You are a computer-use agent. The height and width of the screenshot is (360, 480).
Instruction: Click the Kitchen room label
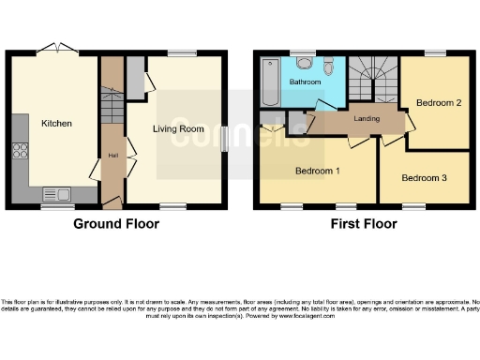[x=56, y=123]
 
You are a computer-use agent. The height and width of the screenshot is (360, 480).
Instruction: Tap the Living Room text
[x=178, y=128]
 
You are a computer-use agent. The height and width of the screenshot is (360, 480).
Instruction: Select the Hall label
[x=112, y=155]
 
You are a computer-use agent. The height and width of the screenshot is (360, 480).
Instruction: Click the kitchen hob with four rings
[x=19, y=154]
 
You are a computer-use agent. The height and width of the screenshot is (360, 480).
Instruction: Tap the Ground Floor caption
[x=116, y=224]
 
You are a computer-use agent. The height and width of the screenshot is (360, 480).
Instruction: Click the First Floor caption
[x=363, y=224]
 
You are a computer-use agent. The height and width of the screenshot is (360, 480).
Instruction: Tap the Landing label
[x=366, y=119]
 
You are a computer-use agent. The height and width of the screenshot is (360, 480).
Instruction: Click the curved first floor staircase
[x=371, y=77]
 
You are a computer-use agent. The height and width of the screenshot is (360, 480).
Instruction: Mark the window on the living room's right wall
[x=226, y=138]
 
